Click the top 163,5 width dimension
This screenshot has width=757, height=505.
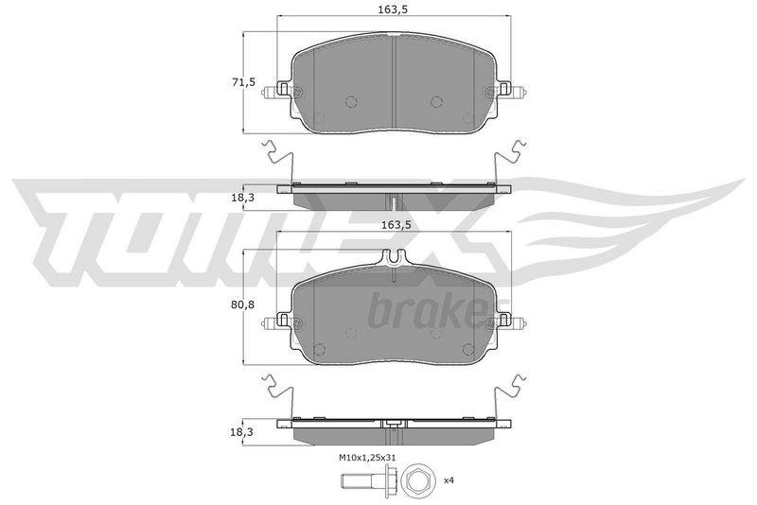395,9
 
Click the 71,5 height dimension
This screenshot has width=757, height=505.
243,82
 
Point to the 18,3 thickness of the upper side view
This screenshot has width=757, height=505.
243,198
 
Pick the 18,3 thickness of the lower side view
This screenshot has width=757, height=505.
243,432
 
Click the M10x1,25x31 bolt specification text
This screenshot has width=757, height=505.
366,458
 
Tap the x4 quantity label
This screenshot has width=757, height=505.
449,480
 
